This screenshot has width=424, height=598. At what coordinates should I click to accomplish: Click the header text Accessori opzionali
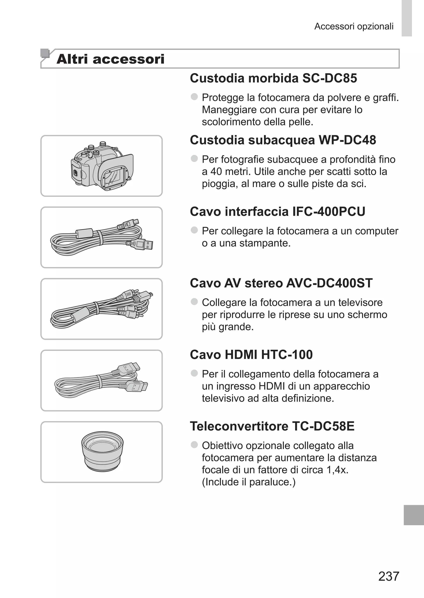coord(354,26)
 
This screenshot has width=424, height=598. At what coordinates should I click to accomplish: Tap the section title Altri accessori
coord(110,59)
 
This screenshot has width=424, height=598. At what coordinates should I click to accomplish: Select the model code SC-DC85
coord(329,78)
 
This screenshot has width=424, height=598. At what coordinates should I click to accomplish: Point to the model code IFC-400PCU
coord(329,211)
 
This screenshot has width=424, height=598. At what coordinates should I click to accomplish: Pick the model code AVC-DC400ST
coord(329,283)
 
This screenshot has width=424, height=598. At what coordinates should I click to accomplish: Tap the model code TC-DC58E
coord(323,426)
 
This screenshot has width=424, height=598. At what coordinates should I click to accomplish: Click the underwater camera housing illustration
coord(102,166)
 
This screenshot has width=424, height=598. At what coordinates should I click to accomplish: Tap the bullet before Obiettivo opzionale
coord(194,445)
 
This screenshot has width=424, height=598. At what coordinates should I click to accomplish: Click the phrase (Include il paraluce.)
coord(249,482)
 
